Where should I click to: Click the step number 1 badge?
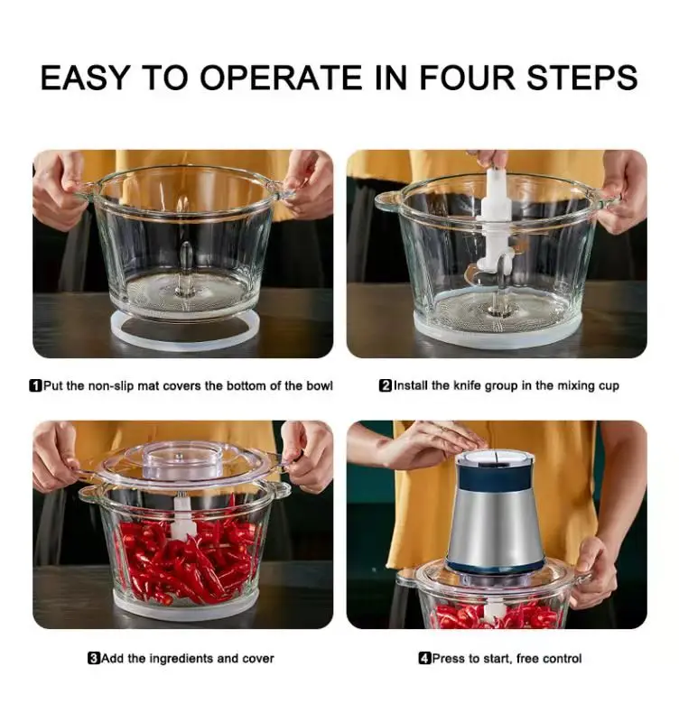pos(35,386)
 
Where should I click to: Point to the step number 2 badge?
pos(386,385)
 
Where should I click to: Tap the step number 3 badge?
pos(94,659)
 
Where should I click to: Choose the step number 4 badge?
pos(424,659)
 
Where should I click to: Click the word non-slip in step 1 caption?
pos(110,386)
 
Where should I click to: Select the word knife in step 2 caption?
pos(468,385)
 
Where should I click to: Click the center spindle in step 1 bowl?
pos(185,268)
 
